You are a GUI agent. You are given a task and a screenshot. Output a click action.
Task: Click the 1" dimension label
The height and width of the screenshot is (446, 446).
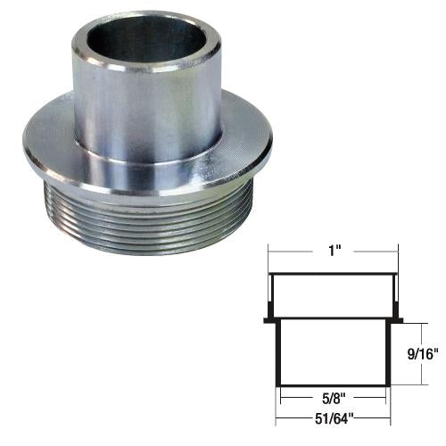click(x=331, y=252)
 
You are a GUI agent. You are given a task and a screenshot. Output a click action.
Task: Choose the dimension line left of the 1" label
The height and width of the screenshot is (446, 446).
click(x=294, y=252)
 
